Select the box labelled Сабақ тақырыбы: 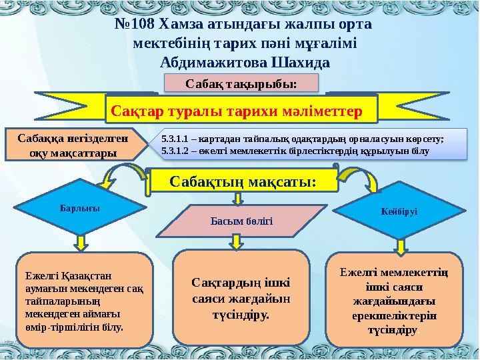pyautogui.click(x=241, y=83)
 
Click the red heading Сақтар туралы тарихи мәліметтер pyautogui.click(x=241, y=109)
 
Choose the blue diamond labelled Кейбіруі pyautogui.click(x=399, y=210)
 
